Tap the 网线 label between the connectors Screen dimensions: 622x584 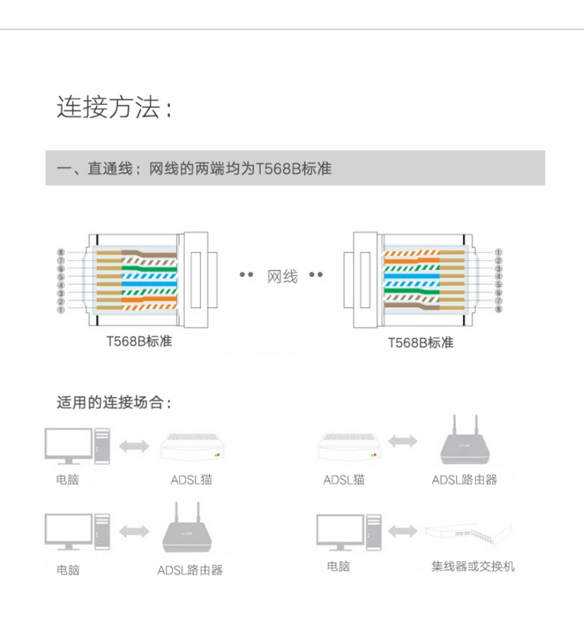pyautogui.click(x=282, y=277)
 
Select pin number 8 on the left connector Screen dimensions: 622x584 pyautogui.click(x=61, y=253)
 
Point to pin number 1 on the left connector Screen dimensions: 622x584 pyautogui.click(x=61, y=309)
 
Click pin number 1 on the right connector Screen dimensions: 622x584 pyautogui.click(x=499, y=252)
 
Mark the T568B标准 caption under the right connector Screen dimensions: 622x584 pyautogui.click(x=421, y=342)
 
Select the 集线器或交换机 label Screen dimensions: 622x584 pyautogui.click(x=473, y=567)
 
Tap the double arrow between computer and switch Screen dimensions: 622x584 pyautogui.click(x=403, y=531)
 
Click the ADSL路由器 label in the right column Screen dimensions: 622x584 pyautogui.click(x=464, y=480)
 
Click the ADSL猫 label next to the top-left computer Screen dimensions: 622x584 pyautogui.click(x=191, y=480)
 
